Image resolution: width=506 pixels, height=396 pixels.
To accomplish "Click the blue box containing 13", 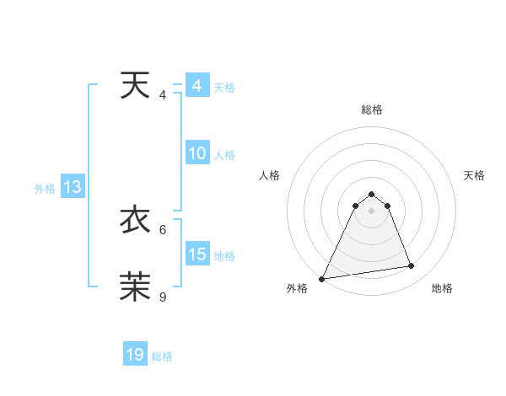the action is (x=73, y=188).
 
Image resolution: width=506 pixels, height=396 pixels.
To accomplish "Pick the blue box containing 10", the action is (x=197, y=154).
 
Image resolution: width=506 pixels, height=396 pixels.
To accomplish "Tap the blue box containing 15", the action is (x=197, y=254).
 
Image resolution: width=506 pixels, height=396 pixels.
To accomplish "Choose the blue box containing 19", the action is (x=135, y=355).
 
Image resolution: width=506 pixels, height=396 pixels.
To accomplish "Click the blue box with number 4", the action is (x=197, y=86).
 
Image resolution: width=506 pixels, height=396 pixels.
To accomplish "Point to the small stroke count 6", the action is (x=163, y=229).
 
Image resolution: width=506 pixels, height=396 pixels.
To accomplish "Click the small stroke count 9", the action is (x=163, y=297).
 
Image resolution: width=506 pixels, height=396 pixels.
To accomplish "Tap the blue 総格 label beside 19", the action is (x=162, y=356).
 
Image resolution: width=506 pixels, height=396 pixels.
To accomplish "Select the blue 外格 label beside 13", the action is (x=45, y=189).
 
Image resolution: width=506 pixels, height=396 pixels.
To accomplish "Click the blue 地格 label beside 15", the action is (x=224, y=255).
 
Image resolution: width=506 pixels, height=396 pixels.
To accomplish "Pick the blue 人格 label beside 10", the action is (x=224, y=155).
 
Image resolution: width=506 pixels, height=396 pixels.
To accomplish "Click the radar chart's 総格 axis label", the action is (x=371, y=110).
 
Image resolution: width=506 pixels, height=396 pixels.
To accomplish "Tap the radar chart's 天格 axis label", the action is (x=474, y=175).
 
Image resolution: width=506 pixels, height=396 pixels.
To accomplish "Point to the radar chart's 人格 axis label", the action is (x=269, y=175).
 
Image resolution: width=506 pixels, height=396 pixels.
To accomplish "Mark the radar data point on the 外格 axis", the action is (x=322, y=278).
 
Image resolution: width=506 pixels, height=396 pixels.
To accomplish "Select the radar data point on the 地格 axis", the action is (x=411, y=266).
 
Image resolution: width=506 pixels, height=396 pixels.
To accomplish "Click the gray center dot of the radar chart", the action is (x=371, y=211).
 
